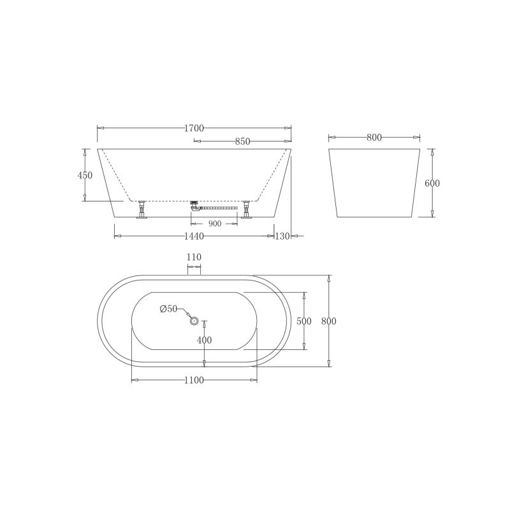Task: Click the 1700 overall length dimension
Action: [194, 128]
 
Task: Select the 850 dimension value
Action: [242, 142]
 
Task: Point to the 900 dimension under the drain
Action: [214, 224]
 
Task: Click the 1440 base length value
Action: [194, 237]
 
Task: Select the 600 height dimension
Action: [432, 183]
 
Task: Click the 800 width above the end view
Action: [374, 138]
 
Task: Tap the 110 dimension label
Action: [194, 257]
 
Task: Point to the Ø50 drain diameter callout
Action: [168, 309]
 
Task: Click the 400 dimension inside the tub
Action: [204, 340]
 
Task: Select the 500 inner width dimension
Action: [304, 321]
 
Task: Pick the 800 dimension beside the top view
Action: [328, 321]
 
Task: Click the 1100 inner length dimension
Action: [194, 381]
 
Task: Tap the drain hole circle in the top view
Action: [194, 321]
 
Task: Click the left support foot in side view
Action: [142, 210]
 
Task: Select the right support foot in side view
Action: [245, 210]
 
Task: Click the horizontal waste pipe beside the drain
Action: [220, 207]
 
